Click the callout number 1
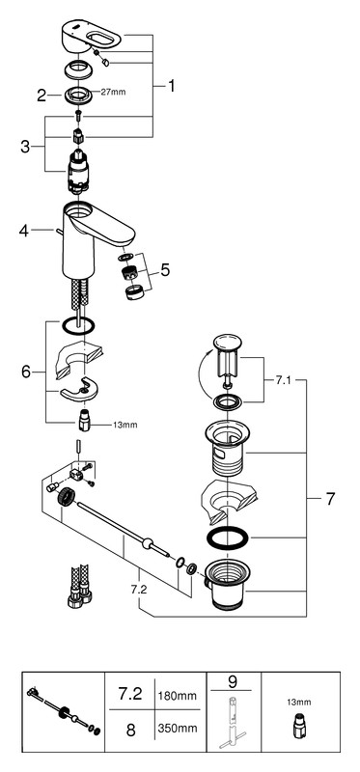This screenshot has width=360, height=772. (x=171, y=86)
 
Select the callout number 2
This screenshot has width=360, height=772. (x=42, y=96)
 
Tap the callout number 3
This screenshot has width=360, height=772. (x=25, y=147)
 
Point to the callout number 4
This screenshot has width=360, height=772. (x=24, y=231)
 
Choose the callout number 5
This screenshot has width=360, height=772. (x=164, y=269)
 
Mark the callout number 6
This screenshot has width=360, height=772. (x=26, y=372)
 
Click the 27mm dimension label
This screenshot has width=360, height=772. (x=113, y=92)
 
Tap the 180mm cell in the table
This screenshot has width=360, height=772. (x=178, y=696)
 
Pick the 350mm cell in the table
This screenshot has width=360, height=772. (x=178, y=728)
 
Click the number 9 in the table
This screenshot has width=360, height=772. (x=233, y=682)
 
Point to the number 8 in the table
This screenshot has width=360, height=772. (x=130, y=730)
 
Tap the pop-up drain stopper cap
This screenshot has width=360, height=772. (x=227, y=343)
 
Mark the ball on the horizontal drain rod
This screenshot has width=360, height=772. (x=146, y=543)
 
